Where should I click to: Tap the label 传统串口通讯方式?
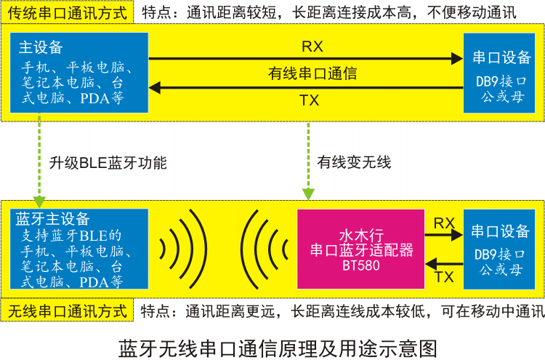(68, 13)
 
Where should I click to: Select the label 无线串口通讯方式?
(68, 312)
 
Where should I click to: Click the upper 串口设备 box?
(502, 73)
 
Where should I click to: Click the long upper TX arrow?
(305, 88)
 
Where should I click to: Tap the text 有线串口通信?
(312, 73)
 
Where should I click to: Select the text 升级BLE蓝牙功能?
(108, 163)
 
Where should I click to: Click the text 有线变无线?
(354, 163)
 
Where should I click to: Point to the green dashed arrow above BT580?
(309, 164)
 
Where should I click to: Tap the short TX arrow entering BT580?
(444, 264)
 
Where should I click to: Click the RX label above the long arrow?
(312, 47)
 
